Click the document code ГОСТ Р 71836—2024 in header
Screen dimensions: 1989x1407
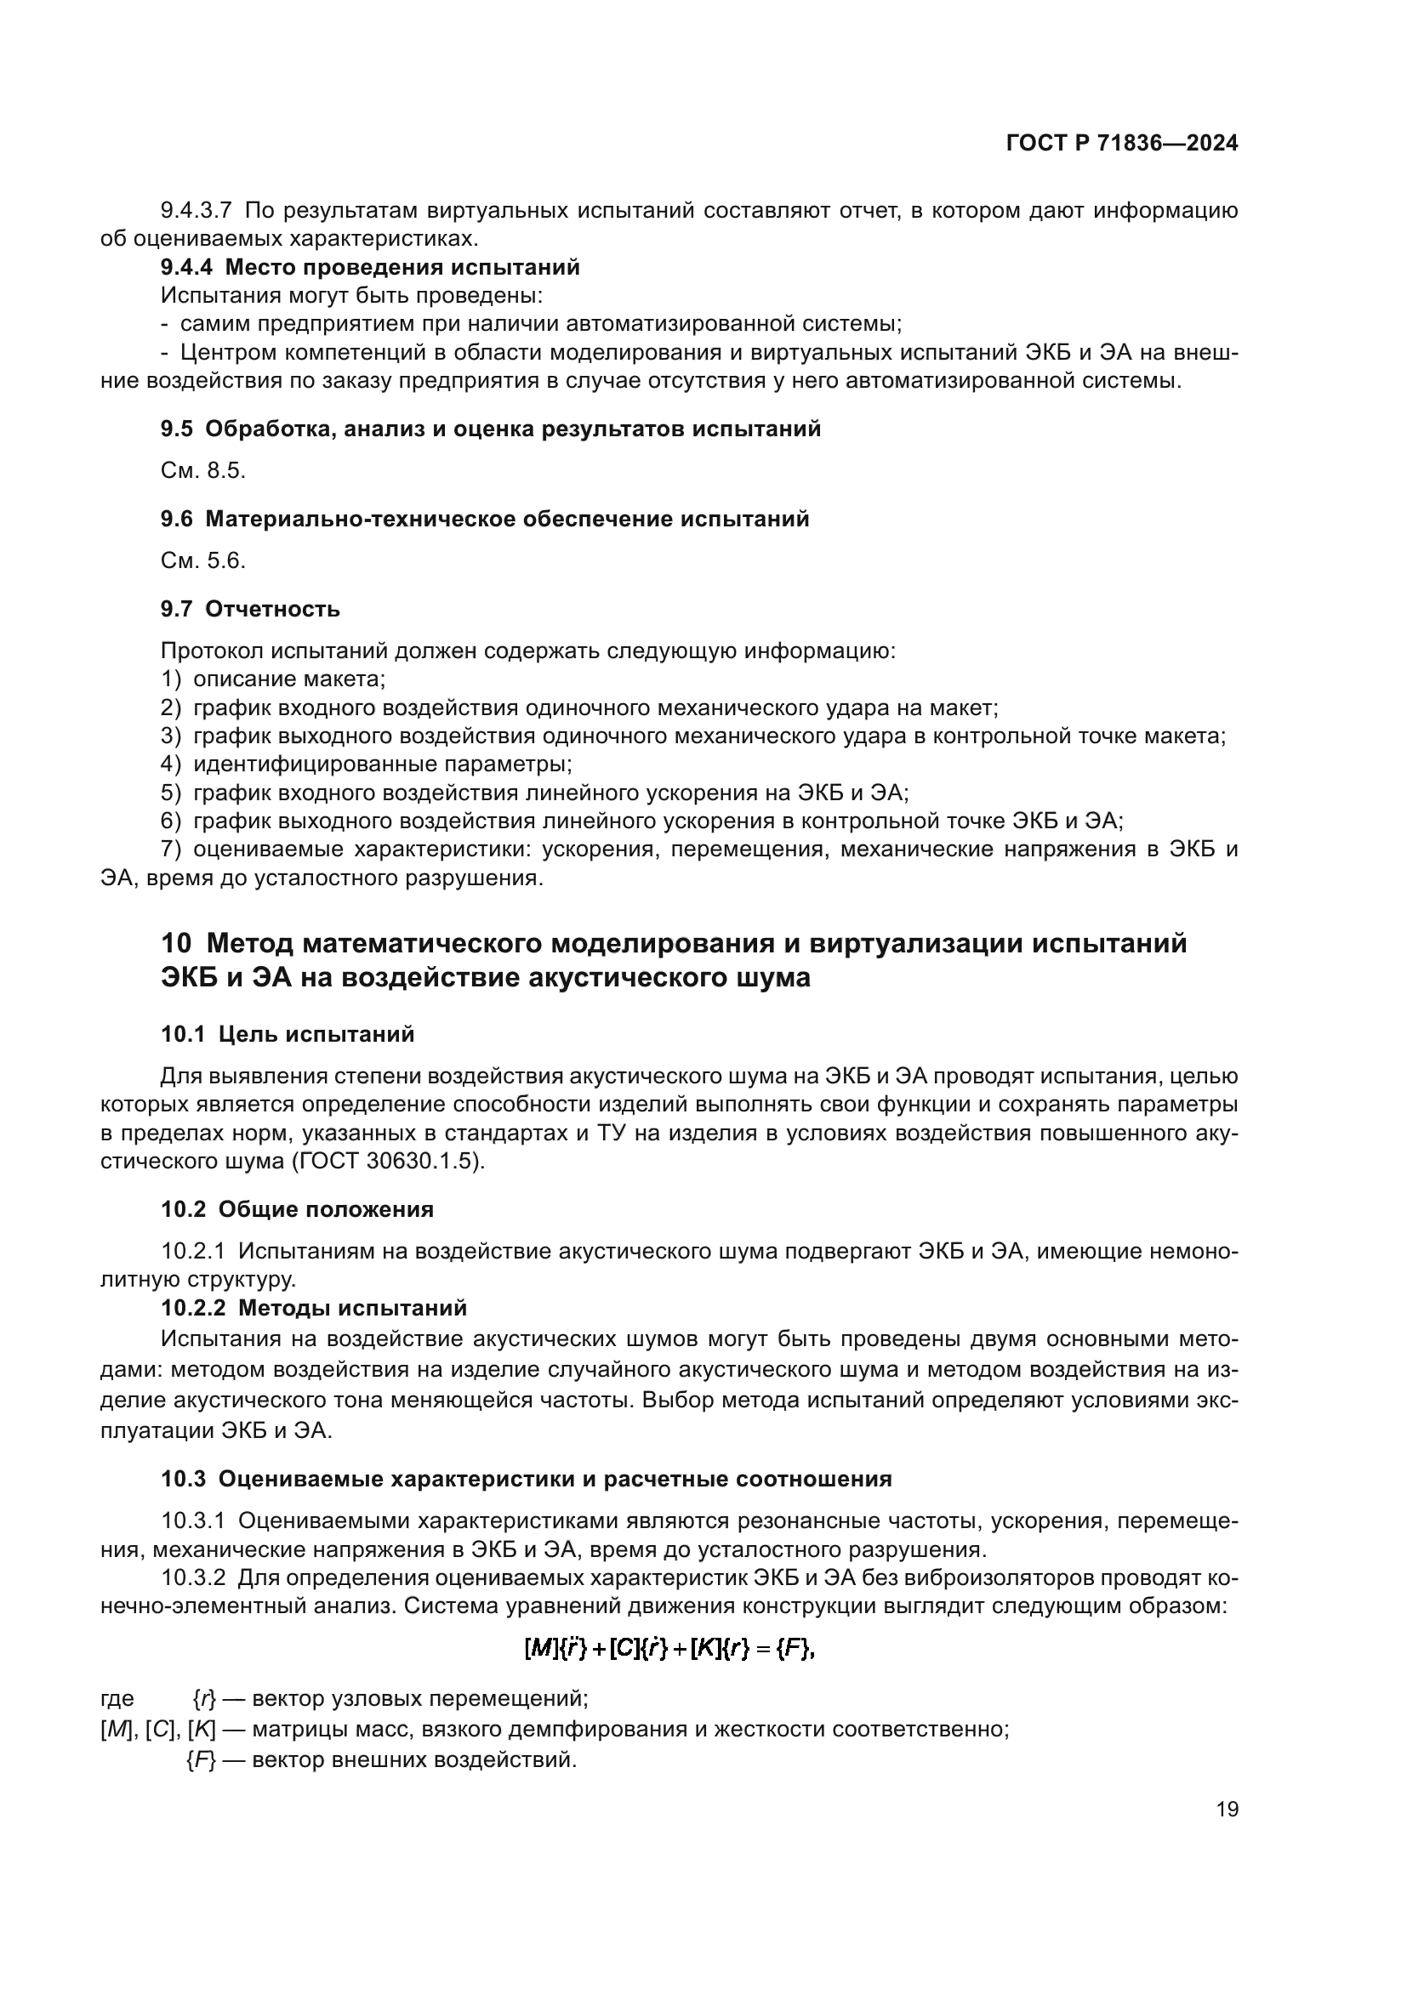[x=1122, y=144]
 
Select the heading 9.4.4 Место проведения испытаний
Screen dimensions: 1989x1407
[x=370, y=267]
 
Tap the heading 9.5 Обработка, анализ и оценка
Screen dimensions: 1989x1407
[x=490, y=429]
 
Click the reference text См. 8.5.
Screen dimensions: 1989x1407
[x=202, y=470]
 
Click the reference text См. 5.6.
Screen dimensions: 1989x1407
[x=202, y=560]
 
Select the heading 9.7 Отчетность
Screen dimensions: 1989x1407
[x=249, y=609]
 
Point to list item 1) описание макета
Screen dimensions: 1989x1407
[x=273, y=679]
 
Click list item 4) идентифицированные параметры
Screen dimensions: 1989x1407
[x=367, y=764]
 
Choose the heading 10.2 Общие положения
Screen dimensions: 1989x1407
[x=297, y=1208]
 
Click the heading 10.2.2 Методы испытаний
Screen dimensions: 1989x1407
[x=314, y=1307]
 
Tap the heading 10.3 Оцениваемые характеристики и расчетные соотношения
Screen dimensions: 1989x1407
[x=526, y=1479]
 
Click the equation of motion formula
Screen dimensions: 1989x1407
[x=670, y=1650]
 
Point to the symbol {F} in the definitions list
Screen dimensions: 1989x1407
[x=200, y=1760]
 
